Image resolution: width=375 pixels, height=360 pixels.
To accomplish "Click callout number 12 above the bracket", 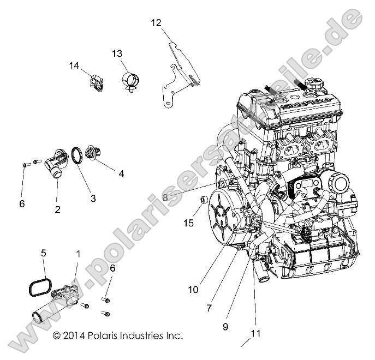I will coord(157,22).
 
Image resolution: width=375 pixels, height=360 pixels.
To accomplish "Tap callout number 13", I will coord(117,53).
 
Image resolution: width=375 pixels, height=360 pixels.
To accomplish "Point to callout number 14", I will coord(74,66).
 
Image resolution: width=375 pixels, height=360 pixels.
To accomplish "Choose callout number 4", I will coord(121,174).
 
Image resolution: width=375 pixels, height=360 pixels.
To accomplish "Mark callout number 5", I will coord(44,253).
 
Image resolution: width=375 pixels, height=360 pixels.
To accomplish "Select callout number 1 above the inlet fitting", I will coord(78,254).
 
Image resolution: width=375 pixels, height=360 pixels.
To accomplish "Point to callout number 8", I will coord(165,199).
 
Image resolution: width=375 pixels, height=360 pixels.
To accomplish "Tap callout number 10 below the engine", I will coord(193,290).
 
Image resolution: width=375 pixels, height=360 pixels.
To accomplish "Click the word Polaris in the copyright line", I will coord(102,335).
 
